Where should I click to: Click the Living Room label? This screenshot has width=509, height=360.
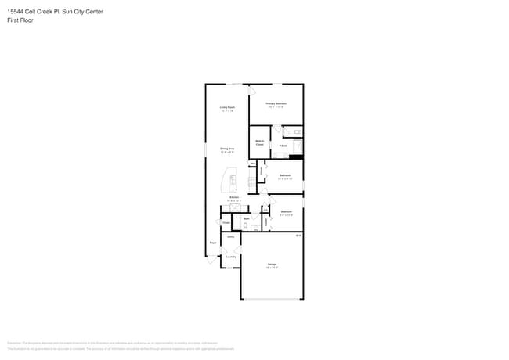click(228, 107)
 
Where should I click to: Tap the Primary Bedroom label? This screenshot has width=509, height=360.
click(276, 103)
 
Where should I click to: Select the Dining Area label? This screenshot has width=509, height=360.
click(228, 149)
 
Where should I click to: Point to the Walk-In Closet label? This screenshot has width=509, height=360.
click(259, 142)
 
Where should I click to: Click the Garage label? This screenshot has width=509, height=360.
click(272, 265)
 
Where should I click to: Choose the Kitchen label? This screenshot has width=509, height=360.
click(233, 197)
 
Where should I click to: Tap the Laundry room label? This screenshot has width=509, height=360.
click(231, 256)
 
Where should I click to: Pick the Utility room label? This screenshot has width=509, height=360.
click(231, 236)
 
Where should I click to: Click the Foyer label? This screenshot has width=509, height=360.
click(212, 243)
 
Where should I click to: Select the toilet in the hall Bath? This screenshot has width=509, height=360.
click(246, 225)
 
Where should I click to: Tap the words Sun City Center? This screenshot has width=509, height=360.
click(81, 12)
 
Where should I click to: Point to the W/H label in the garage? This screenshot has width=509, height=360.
click(298, 235)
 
